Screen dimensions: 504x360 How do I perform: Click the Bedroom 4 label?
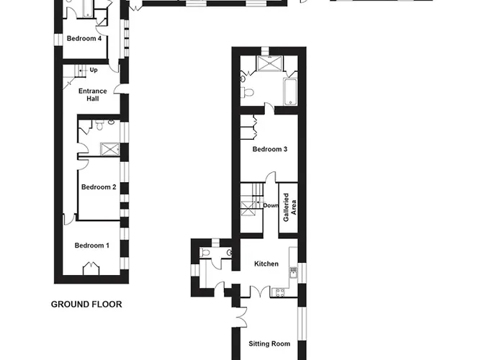point(84,39)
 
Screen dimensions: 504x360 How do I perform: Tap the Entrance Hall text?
point(93,95)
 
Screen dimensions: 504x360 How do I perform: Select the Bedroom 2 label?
point(99,187)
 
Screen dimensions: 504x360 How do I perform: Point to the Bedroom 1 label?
point(92,246)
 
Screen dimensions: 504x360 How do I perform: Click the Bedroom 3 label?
point(270,149)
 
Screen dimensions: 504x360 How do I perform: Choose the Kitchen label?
point(266,264)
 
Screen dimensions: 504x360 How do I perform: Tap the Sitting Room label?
point(269,344)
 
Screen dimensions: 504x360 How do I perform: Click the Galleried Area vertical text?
point(289,207)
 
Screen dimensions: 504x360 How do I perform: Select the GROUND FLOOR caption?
point(86,305)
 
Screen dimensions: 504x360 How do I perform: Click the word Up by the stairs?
point(94,70)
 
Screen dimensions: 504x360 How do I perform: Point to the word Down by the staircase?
point(271,205)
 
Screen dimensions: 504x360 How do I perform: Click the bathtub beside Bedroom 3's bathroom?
point(290,91)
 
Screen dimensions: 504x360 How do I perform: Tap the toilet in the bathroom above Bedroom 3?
point(247,93)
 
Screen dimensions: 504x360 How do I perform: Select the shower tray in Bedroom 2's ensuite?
point(110,150)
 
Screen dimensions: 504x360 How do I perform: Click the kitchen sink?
point(293,273)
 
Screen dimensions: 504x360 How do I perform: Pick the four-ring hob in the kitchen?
point(279,292)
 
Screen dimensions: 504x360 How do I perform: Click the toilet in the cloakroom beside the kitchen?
point(204,252)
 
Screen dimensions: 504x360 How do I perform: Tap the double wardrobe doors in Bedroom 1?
point(91,269)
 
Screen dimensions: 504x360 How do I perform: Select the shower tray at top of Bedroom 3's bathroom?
point(270,63)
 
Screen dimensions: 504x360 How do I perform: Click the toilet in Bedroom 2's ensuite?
point(99,125)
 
